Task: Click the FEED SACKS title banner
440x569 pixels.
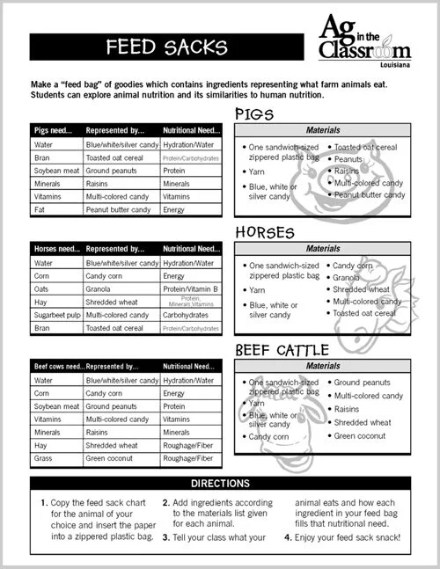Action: (x=163, y=45)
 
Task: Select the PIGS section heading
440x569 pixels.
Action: (x=256, y=114)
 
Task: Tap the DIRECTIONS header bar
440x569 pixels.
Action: (x=219, y=484)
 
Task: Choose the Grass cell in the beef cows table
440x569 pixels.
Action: (x=44, y=458)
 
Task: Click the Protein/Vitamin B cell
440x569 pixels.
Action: (x=190, y=288)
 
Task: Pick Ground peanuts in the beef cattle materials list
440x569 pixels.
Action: (x=362, y=383)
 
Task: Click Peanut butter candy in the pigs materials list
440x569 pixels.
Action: (x=370, y=195)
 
